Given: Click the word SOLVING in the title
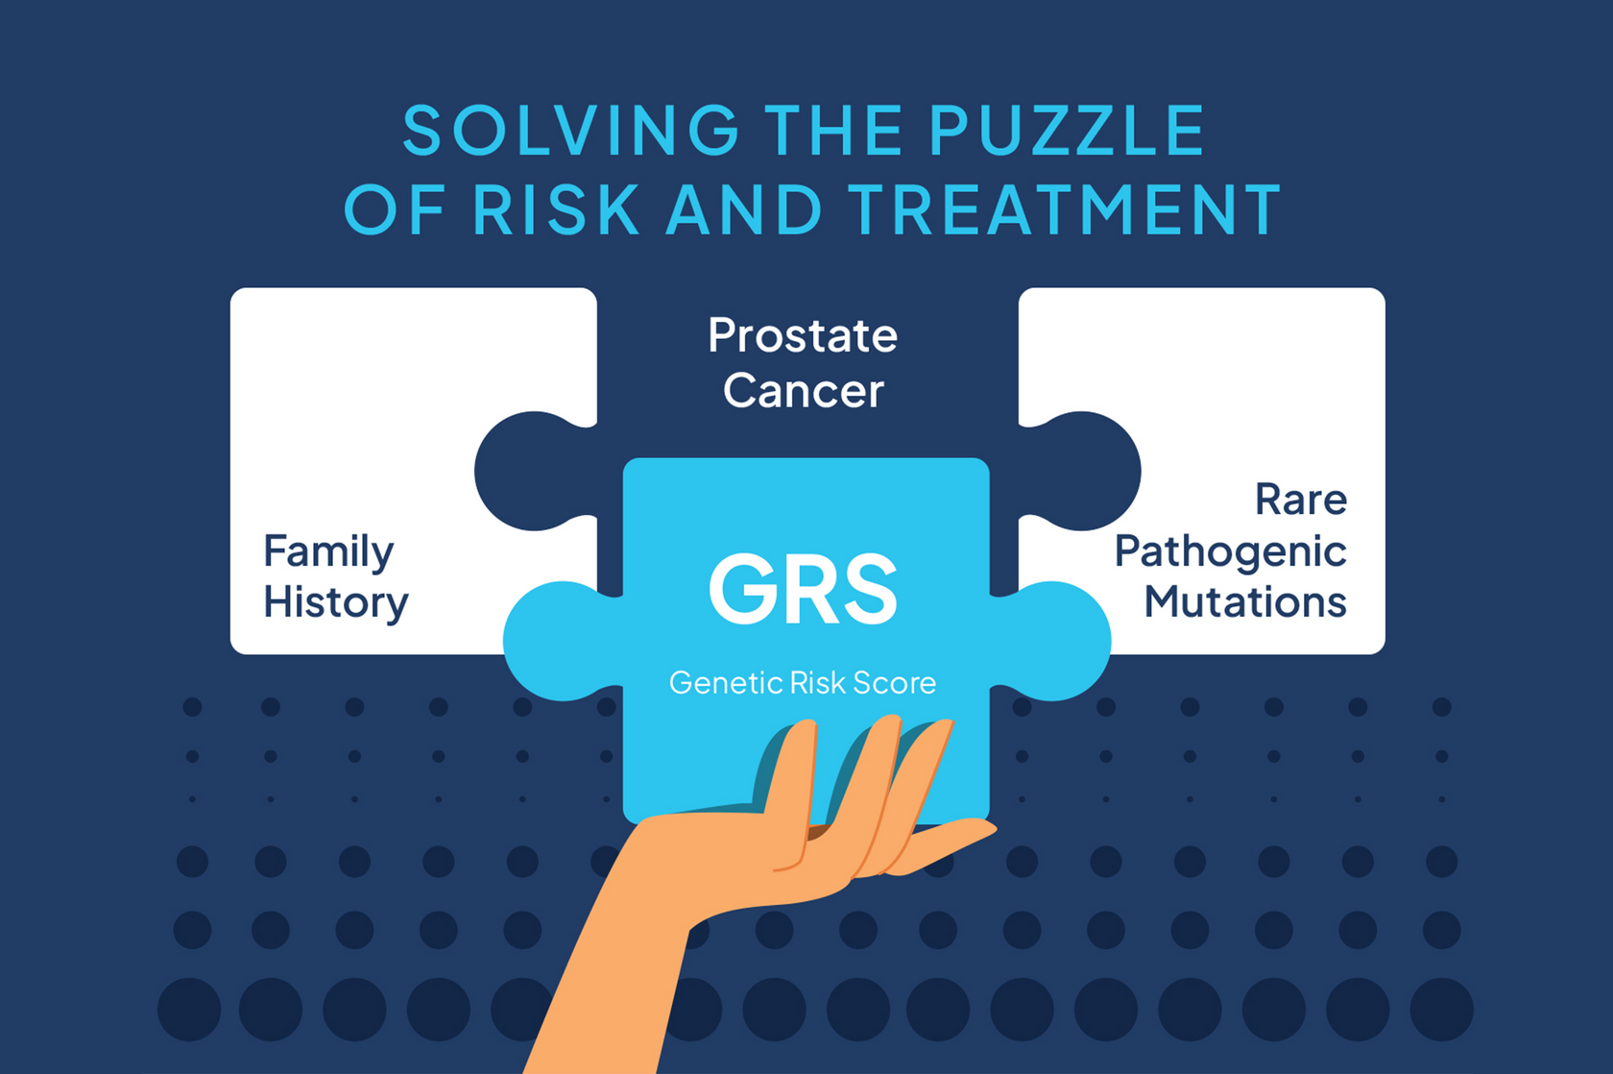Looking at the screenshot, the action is (x=571, y=130).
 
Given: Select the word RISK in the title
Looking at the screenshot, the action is (x=555, y=208).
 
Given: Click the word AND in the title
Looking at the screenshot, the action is (x=743, y=208).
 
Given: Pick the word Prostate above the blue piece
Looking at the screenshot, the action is (x=803, y=335).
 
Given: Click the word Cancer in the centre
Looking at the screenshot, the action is (x=803, y=391).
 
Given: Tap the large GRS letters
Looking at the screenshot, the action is (x=803, y=589).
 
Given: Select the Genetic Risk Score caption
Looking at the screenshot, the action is (x=803, y=683).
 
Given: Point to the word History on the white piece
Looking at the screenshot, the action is (x=336, y=603).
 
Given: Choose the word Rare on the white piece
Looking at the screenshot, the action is (x=1300, y=500).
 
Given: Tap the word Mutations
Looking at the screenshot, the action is (x=1245, y=602).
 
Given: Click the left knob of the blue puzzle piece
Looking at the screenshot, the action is (x=558, y=641).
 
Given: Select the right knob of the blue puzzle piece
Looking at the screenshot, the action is (x=1051, y=641).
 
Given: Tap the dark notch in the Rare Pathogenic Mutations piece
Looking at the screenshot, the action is (x=1080, y=471).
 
